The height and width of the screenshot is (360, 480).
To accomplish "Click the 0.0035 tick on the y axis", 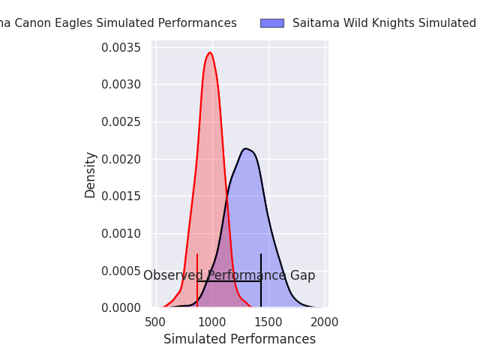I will pos(121,48).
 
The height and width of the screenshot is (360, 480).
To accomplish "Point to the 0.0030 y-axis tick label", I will pos(121,85).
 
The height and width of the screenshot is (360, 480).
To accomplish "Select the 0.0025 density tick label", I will pos(121,122).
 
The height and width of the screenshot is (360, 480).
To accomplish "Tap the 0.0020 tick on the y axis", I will pos(121,159).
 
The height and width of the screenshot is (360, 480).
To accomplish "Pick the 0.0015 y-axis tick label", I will pos(121,196).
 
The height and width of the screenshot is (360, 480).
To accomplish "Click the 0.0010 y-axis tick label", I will pos(121,233).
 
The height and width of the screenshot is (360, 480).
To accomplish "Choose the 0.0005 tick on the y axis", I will pos(121,271).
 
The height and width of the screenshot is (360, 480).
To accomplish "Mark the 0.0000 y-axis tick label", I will pos(121,307).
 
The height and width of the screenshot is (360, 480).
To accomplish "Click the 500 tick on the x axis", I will pos(155,322).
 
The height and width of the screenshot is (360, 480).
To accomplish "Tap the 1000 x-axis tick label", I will pos(212,322).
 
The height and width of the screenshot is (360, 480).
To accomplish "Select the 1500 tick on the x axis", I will pos(268,322).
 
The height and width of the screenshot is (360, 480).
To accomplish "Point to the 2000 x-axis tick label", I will pos(325,322).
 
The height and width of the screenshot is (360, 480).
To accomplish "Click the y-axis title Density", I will pos(91,175).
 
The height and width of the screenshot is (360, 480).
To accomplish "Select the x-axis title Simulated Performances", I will pos(240,340).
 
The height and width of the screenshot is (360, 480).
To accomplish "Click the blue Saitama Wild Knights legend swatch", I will pos(271,23).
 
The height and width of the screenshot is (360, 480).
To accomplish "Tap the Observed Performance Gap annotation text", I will pos(229,276).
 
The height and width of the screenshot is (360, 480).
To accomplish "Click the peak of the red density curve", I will pos(210,52).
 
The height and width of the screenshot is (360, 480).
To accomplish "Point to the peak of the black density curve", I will pos(245,148).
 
